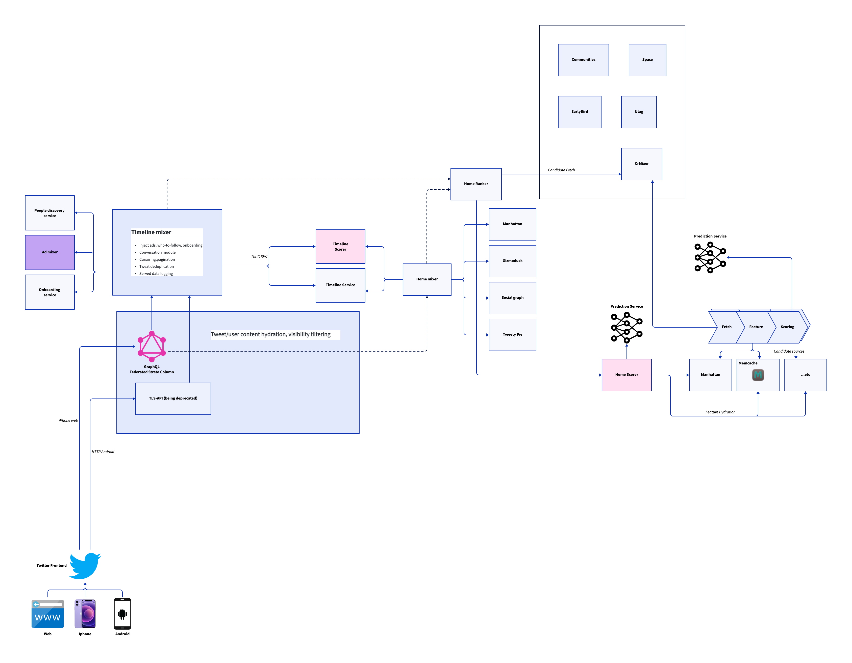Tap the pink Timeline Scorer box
(x=340, y=247)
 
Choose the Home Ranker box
(x=476, y=184)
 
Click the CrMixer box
(x=641, y=164)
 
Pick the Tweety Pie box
(x=512, y=335)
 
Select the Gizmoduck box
(x=512, y=261)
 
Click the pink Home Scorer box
(x=627, y=375)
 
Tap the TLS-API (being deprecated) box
(x=173, y=399)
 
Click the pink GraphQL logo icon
(x=152, y=346)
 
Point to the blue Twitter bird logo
(x=85, y=566)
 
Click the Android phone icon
(x=122, y=614)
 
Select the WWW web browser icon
(x=47, y=614)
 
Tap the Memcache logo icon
(x=758, y=375)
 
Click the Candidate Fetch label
(x=561, y=170)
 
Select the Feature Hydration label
(x=720, y=412)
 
